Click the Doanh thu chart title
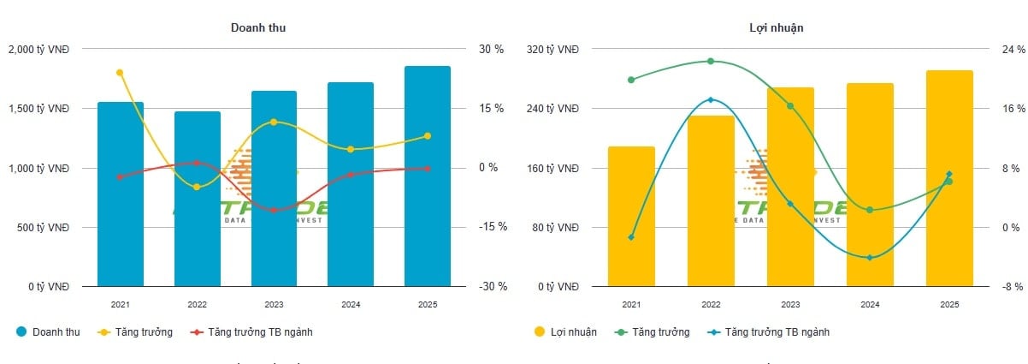point(258,27)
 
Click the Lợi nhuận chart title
point(776,27)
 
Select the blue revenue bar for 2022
point(198,199)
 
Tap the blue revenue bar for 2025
point(428,176)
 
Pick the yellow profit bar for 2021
point(631,216)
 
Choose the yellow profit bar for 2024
point(870,184)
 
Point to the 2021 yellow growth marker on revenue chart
point(120,73)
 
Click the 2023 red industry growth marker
point(274,210)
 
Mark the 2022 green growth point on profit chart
point(711,62)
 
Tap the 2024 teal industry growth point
point(870,258)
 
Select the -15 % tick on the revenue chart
point(493,227)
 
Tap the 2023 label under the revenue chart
point(274,305)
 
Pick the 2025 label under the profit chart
point(949,305)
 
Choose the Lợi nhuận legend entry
point(565,331)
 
